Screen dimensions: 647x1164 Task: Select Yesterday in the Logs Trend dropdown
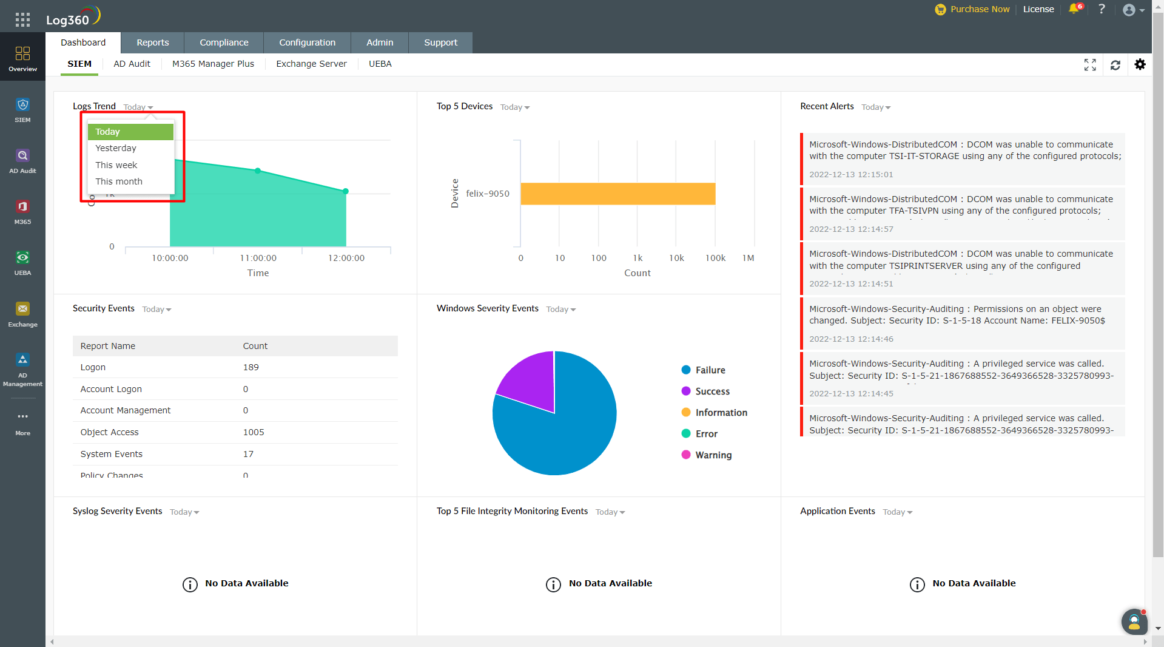[116, 148]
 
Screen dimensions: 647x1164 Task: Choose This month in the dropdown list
[119, 181]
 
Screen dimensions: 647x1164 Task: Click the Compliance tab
[224, 42]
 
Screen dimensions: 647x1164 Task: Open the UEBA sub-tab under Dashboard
[380, 64]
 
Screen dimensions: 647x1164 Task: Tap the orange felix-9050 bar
[617, 194]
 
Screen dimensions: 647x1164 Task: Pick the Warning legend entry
[713, 455]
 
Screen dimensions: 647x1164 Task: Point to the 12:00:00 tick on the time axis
[346, 258]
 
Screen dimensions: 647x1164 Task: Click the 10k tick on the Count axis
[676, 258]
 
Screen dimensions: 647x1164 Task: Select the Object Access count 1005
[254, 432]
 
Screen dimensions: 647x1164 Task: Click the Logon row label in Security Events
[93, 367]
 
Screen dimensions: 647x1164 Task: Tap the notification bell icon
[1074, 9]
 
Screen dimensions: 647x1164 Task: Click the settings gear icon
[1140, 64]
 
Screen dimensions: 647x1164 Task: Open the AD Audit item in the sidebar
[22, 161]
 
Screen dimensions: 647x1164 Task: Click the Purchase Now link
[980, 9]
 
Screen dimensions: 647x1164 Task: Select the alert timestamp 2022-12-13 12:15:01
[851, 175]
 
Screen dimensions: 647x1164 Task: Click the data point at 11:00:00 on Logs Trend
[258, 171]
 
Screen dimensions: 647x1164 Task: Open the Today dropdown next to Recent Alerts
[876, 107]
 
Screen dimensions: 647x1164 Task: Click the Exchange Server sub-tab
[311, 64]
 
